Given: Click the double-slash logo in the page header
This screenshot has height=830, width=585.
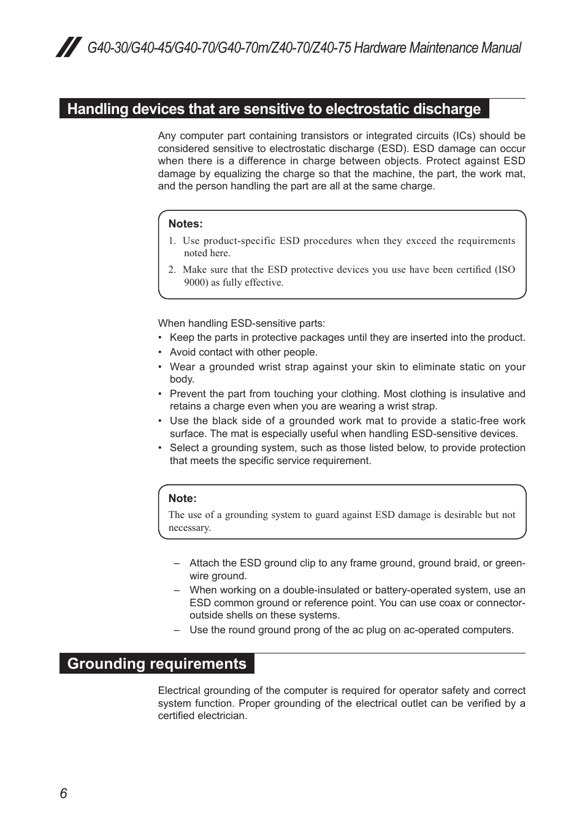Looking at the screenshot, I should click(x=69, y=47).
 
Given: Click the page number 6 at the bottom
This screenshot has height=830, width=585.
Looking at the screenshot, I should click(x=63, y=793).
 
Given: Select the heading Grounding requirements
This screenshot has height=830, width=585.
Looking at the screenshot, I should click(x=156, y=664).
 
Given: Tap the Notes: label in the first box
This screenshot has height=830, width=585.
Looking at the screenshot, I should click(x=185, y=224).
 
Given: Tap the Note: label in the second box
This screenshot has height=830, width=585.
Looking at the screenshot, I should click(x=182, y=498).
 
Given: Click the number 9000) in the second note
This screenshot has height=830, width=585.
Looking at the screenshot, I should click(x=196, y=283).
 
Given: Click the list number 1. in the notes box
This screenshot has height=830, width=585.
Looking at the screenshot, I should click(x=172, y=241).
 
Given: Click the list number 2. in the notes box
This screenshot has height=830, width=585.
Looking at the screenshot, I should click(x=172, y=270).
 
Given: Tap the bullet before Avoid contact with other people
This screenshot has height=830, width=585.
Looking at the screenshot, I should click(x=160, y=352).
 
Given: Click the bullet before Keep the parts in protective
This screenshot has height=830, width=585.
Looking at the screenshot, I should click(x=160, y=338).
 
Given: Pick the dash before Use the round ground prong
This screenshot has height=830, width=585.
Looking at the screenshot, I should click(x=177, y=630).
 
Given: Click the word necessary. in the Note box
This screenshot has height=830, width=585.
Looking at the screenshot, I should click(x=189, y=528).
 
